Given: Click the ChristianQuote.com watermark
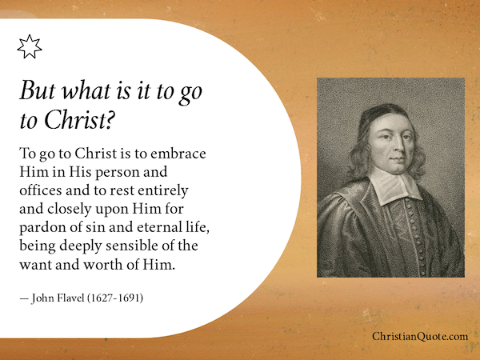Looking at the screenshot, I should pyautogui.click(x=420, y=337).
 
